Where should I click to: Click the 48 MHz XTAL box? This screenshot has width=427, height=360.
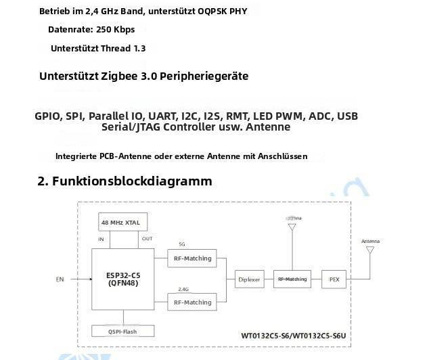[122, 222]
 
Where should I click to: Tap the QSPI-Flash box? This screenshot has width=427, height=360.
[122, 331]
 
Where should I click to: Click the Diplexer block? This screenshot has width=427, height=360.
[249, 279]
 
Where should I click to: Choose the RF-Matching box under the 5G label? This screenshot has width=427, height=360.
[193, 258]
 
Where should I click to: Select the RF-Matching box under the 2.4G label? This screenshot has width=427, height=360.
[193, 302]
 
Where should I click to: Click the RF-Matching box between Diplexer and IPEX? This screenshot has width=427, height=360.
[292, 279]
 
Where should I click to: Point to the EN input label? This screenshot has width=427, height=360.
[60, 279]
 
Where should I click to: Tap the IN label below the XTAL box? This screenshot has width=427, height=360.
[102, 239]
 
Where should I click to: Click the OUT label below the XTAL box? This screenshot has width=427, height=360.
[147, 239]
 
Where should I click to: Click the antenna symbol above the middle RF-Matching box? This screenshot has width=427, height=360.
[292, 227]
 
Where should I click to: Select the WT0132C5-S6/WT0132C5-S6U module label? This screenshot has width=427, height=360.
[298, 335]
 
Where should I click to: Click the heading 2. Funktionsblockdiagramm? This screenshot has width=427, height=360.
[125, 181]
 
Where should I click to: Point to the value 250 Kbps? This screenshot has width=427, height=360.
[116, 30]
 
